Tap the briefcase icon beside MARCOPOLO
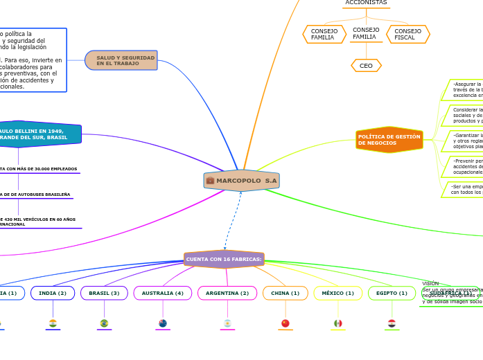[x=210, y=181]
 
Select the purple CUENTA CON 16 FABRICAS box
[x=224, y=259]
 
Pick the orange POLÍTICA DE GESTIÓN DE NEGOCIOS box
[x=389, y=139]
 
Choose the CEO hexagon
[x=366, y=66]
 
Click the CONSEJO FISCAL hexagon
[x=407, y=35]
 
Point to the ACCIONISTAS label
[x=366, y=3]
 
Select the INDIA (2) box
[x=53, y=293]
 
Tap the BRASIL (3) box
[x=104, y=293]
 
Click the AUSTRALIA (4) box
[x=162, y=293]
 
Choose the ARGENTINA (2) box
[x=227, y=293]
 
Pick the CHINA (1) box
[x=285, y=293]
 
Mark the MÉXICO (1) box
[x=337, y=293]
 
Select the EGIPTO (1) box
[x=392, y=293]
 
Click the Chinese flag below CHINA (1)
[x=285, y=323]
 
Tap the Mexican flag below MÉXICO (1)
[x=337, y=323]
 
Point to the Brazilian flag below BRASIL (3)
[x=104, y=323]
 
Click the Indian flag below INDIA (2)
[x=53, y=323]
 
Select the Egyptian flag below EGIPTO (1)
[x=392, y=323]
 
